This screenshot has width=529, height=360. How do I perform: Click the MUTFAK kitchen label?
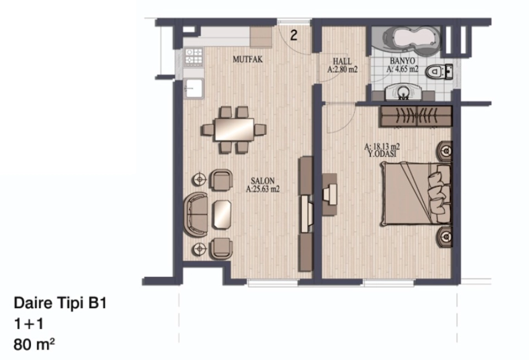tap(247, 59)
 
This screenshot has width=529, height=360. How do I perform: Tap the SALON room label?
tap(262, 181)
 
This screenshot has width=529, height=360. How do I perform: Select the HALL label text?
tap(342, 61)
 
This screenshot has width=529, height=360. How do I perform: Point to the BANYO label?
tap(402, 61)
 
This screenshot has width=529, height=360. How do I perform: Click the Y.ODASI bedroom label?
tap(382, 154)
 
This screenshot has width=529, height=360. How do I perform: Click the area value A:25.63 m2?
tap(263, 189)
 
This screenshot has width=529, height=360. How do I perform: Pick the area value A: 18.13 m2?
tap(382, 146)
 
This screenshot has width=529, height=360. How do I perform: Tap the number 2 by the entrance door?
tap(294, 35)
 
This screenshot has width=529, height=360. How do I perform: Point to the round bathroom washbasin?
tap(403, 91)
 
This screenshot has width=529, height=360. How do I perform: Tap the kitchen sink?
tap(193, 88)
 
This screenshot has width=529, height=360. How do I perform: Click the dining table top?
tap(235, 129)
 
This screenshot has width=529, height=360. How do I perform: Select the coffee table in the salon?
tap(222, 214)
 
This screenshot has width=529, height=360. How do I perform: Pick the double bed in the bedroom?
tap(416, 193)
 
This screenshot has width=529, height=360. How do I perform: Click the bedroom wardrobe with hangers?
tap(417, 116)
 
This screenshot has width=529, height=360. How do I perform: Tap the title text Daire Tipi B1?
tap(60, 303)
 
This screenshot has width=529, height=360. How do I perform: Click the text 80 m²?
tap(34, 345)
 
